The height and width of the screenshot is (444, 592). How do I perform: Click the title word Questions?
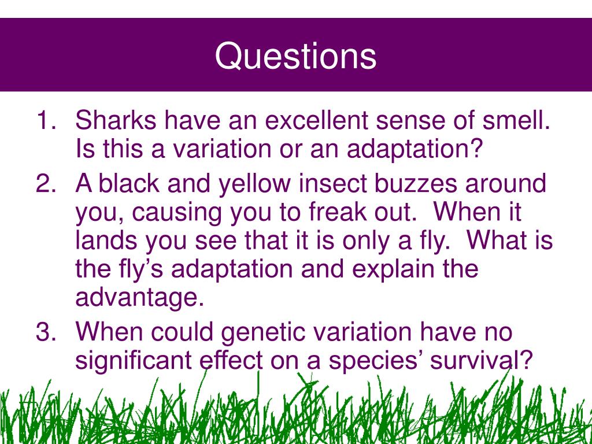(295, 57)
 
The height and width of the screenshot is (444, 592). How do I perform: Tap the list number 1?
(46, 120)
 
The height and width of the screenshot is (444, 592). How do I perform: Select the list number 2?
(46, 183)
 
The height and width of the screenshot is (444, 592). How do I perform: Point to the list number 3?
(46, 331)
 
